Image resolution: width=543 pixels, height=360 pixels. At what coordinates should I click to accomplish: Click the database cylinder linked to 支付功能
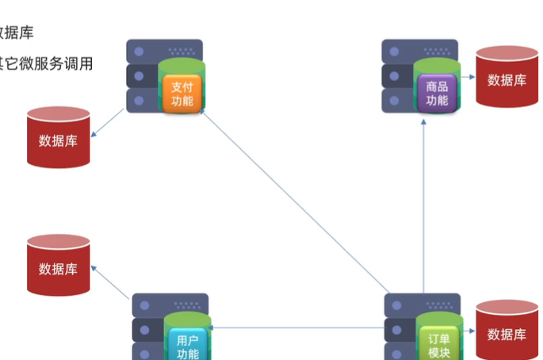tap(58, 138)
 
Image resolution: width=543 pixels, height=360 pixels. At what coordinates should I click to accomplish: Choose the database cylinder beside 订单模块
tap(507, 331)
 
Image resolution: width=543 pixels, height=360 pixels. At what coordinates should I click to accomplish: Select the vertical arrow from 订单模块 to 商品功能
tap(423, 206)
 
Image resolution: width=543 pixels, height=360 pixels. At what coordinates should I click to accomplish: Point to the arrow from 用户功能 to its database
tap(111, 283)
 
